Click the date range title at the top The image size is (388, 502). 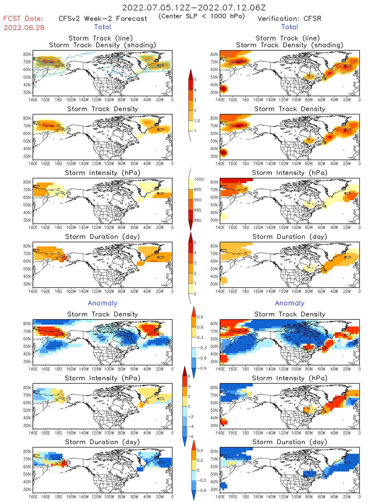pos(194,8)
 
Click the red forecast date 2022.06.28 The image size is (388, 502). pos(24,28)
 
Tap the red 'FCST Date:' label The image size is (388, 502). pos(23,19)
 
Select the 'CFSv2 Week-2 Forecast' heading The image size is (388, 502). pos(103,19)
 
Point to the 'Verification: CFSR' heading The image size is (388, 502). pos(289,19)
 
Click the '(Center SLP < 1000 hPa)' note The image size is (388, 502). pos(202,16)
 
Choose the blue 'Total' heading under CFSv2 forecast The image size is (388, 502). pos(103,27)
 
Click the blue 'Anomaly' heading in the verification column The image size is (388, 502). pos(290,303)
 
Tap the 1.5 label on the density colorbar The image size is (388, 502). pos(197,120)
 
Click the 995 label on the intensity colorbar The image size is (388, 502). pos(198,190)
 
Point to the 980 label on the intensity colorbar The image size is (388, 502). pos(198,220)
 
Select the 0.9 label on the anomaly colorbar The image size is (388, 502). pos(200,317)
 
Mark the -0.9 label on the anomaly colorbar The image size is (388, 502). pos(201,368)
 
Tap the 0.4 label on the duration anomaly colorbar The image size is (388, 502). pos(200,450)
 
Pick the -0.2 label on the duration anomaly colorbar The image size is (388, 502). pos(201,480)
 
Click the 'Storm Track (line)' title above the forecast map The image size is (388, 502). pos(100,38)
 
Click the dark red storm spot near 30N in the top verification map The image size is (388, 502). pos(223,89)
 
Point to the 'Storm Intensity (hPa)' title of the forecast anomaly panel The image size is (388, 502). pos(102,378)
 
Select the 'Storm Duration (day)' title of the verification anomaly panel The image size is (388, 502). pos(290,442)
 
